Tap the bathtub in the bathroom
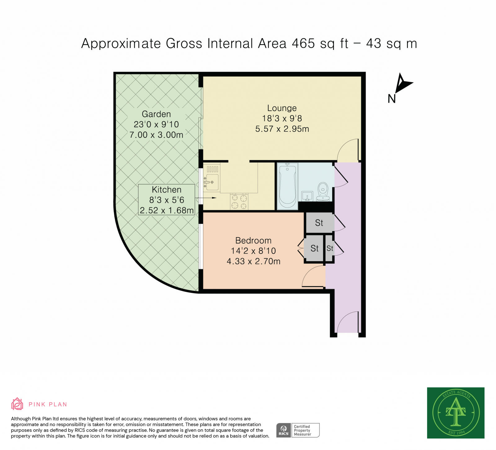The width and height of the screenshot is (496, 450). coord(287,186)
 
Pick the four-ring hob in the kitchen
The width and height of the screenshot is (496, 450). coord(239,201)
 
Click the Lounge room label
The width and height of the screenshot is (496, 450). coord(282,108)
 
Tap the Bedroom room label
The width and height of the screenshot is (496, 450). coord(253,240)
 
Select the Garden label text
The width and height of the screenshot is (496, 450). coord(156,114)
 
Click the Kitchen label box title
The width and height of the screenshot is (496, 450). coord(166,189)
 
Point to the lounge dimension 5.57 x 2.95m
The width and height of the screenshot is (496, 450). coord(282,129)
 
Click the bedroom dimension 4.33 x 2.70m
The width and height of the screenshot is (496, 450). coord(253,261)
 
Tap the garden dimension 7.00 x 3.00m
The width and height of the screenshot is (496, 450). coord(156,135)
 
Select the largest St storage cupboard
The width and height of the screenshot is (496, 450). coord(320,223)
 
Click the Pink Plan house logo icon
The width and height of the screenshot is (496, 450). coord(17,404)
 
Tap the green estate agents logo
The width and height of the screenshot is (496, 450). coord(456,413)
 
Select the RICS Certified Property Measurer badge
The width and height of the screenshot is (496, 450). coord(298,430)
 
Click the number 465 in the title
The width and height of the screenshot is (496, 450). coord(303,43)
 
